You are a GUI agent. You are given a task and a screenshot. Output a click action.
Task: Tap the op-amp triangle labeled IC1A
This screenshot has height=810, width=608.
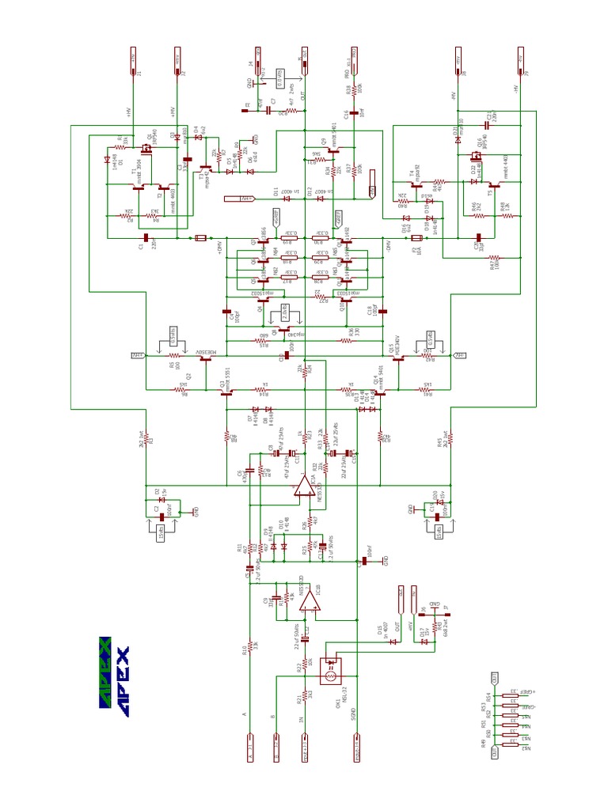(x=304, y=486)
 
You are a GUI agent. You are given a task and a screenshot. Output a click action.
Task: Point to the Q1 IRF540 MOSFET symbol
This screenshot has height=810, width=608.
(x=146, y=148)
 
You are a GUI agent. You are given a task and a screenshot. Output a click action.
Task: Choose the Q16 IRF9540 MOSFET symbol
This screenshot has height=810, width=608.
(x=477, y=155)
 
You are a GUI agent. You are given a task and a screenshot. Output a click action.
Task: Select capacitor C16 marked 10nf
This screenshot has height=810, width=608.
(x=349, y=113)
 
